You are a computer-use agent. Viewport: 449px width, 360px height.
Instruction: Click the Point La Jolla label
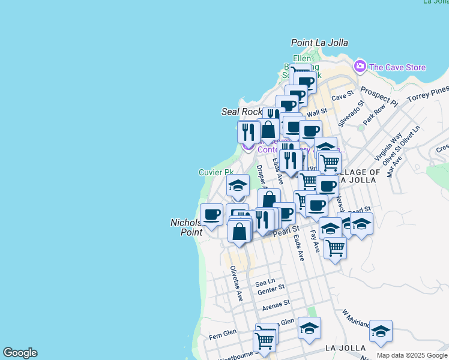click(x=319, y=43)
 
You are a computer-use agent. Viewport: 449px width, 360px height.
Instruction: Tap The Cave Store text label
click(x=397, y=67)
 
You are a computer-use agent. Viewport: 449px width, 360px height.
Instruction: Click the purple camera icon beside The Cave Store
click(x=360, y=65)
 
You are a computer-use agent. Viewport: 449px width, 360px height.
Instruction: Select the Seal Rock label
click(x=242, y=112)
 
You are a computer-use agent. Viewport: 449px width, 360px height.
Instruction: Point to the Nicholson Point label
click(x=186, y=227)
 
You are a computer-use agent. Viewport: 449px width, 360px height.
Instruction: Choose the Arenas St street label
click(x=276, y=305)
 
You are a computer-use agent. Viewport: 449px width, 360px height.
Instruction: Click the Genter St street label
click(x=270, y=292)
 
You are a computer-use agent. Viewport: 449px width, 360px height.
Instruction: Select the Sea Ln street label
click(x=265, y=282)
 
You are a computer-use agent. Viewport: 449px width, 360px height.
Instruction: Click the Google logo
click(x=20, y=353)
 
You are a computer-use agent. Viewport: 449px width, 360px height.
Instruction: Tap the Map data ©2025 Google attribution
click(x=412, y=355)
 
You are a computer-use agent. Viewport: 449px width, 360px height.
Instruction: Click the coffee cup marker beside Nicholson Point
click(x=211, y=215)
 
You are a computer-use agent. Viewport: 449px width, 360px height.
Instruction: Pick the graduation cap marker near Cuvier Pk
click(x=238, y=185)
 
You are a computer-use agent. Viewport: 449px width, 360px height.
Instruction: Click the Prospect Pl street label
click(x=379, y=95)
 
